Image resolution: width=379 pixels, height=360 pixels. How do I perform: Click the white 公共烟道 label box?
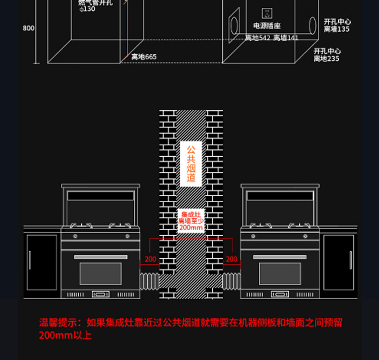[x=191, y=164]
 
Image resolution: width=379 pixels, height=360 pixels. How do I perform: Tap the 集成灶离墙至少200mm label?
[x=191, y=221]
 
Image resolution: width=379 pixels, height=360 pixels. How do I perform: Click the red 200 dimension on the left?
[x=150, y=259]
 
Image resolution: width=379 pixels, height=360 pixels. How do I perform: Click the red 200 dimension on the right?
[x=232, y=259]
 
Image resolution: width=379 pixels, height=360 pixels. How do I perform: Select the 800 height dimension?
[x=28, y=28]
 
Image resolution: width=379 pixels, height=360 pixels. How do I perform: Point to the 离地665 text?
[x=144, y=57]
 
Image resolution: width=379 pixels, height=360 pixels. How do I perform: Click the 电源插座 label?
[x=267, y=26]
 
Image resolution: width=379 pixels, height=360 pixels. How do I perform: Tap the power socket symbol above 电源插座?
[x=267, y=13]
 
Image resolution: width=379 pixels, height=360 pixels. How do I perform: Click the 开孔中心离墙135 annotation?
[x=337, y=26]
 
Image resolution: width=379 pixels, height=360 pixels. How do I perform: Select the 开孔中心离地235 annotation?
[x=327, y=55]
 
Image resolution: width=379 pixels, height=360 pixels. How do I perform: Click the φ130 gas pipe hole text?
[x=87, y=9]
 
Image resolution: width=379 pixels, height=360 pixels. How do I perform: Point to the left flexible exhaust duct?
[x=149, y=281]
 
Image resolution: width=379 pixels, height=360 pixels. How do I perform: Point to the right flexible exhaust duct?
[x=232, y=281]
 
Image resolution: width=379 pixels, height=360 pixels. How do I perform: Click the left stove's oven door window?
[x=101, y=274]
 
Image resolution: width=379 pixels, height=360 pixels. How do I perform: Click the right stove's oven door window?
[x=280, y=274]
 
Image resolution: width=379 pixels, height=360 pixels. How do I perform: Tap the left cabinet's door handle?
[x=30, y=260]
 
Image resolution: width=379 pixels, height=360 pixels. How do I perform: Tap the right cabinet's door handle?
[x=351, y=260]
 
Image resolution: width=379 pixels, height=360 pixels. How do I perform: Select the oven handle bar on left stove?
[x=101, y=257]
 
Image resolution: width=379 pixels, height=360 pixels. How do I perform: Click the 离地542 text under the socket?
[x=257, y=38]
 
